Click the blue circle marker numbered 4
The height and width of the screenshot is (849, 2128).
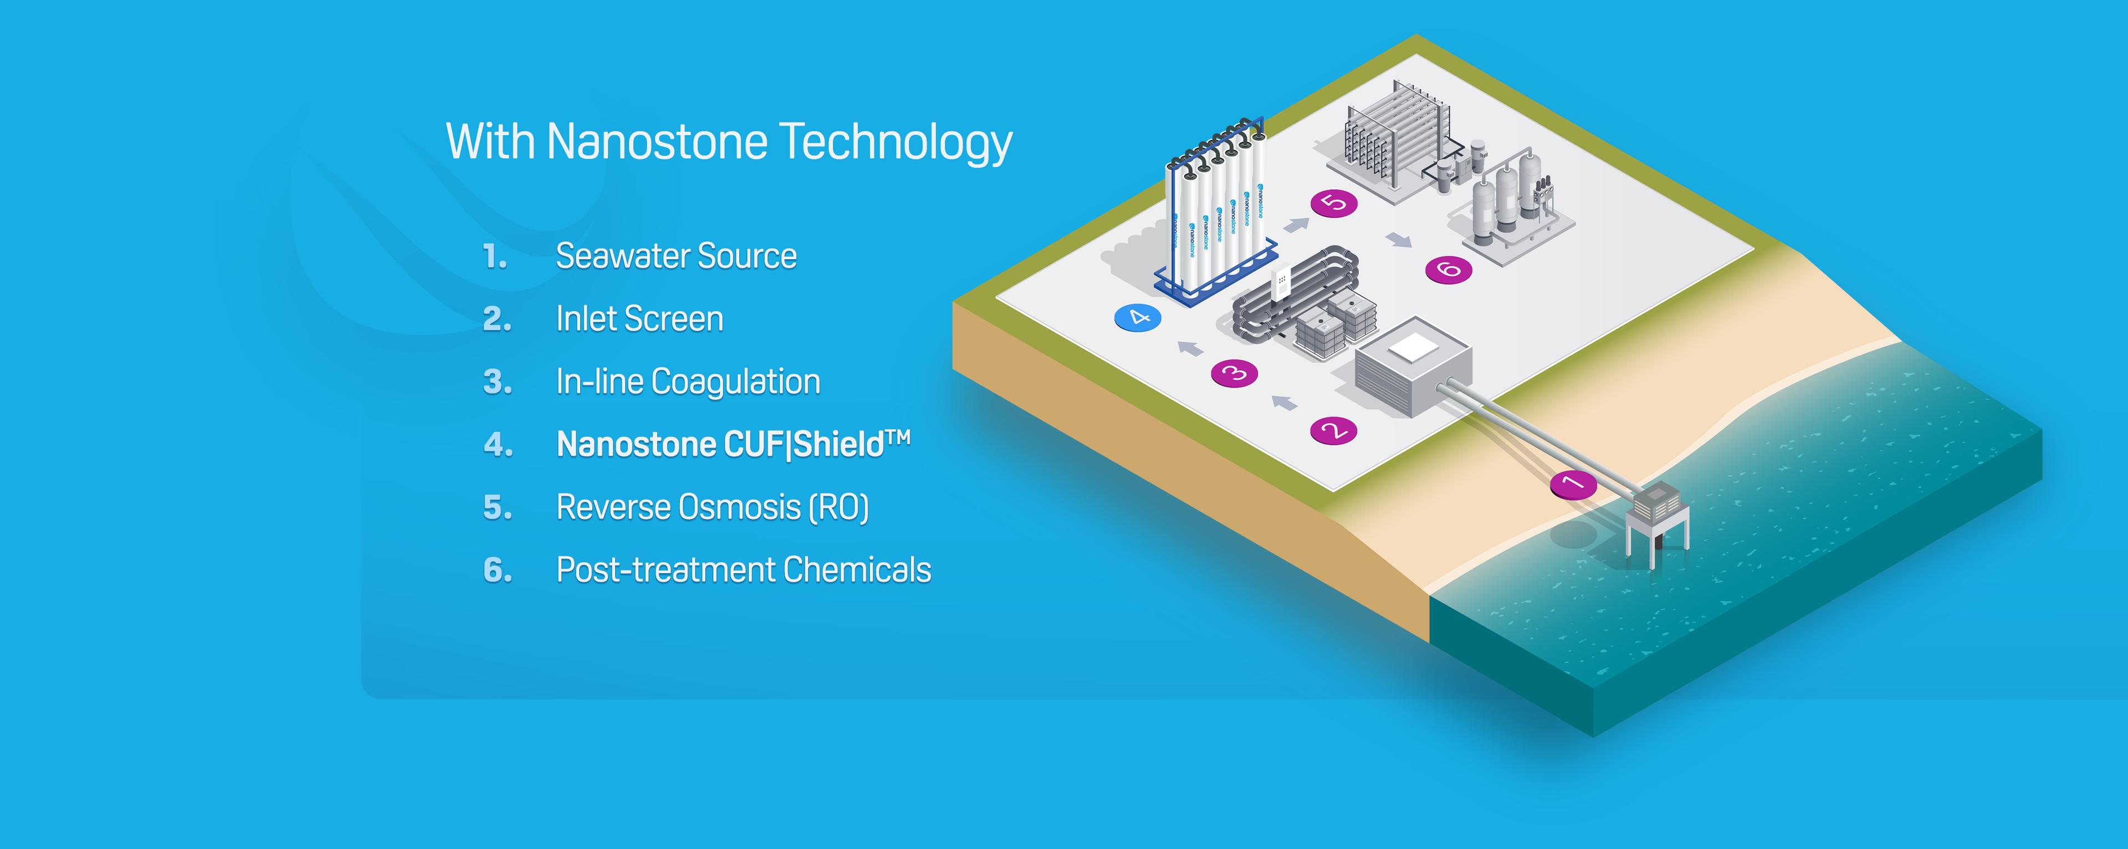1138,318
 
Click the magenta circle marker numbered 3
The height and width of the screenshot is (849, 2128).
1234,373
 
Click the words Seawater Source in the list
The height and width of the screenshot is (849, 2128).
676,256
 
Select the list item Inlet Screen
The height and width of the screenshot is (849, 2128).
640,319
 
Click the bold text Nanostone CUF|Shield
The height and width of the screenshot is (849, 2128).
733,444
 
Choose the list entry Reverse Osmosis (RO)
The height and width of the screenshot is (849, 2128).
712,507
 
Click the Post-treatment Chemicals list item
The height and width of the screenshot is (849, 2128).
744,570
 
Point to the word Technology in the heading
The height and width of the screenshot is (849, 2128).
896,142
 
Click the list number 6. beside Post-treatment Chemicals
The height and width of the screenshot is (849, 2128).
497,570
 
